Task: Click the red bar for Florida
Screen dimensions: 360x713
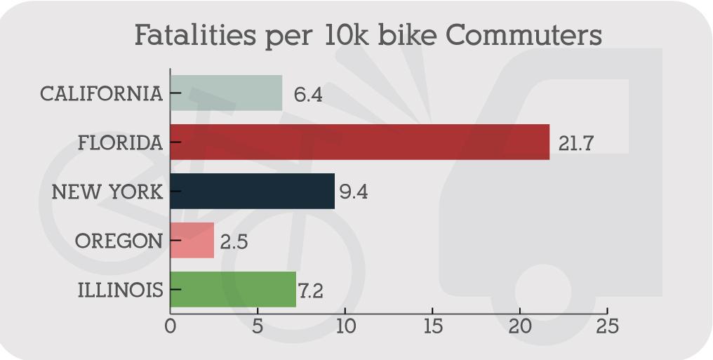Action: pos(359,142)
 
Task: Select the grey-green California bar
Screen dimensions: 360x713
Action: pos(226,93)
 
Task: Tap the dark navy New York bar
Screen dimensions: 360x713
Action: pos(252,192)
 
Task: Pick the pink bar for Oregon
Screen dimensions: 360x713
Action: pos(192,241)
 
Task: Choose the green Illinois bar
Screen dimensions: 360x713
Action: pos(233,290)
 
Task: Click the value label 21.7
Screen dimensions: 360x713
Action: pos(575,143)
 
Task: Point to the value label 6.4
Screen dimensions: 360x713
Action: pos(308,95)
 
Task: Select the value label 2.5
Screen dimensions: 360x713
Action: pos(234,242)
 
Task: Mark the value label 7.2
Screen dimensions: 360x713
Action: pos(309,291)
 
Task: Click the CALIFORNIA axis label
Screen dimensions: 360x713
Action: pos(101,94)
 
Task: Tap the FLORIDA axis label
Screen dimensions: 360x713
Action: pos(120,143)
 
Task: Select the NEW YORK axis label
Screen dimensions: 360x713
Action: pos(107,192)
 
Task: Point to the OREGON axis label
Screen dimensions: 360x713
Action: pos(118,241)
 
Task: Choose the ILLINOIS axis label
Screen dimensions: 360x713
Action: pos(120,290)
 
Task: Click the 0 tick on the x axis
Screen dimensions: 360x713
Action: pos(170,327)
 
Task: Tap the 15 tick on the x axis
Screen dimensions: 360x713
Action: pos(432,327)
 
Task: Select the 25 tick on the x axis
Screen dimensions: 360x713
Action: pos(607,327)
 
